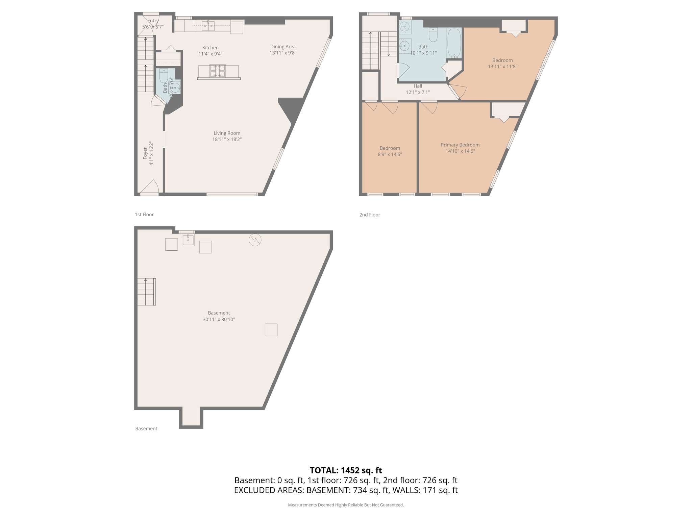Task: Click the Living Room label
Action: pyautogui.click(x=227, y=133)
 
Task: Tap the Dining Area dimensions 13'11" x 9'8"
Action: pyautogui.click(x=283, y=53)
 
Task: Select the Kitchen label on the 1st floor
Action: pyautogui.click(x=210, y=48)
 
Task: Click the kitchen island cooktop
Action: pyautogui.click(x=217, y=71)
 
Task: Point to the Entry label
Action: pyautogui.click(x=153, y=21)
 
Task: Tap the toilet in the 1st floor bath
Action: pyautogui.click(x=164, y=75)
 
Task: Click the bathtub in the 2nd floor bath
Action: pyautogui.click(x=454, y=43)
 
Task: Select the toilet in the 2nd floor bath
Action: pyautogui.click(x=433, y=34)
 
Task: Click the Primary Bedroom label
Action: pyautogui.click(x=460, y=145)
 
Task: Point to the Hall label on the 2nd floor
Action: pyautogui.click(x=418, y=86)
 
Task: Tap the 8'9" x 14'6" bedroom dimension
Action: pyautogui.click(x=390, y=154)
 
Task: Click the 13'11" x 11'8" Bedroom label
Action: pyautogui.click(x=502, y=60)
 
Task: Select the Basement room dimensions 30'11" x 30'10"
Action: pyautogui.click(x=219, y=319)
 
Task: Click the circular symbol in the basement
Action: pyautogui.click(x=255, y=240)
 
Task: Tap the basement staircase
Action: pyautogui.click(x=146, y=292)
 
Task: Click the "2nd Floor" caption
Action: pyautogui.click(x=370, y=215)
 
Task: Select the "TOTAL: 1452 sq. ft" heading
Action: pyautogui.click(x=346, y=470)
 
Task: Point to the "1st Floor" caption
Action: pyautogui.click(x=144, y=215)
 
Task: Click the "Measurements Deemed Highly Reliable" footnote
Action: pyautogui.click(x=346, y=505)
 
